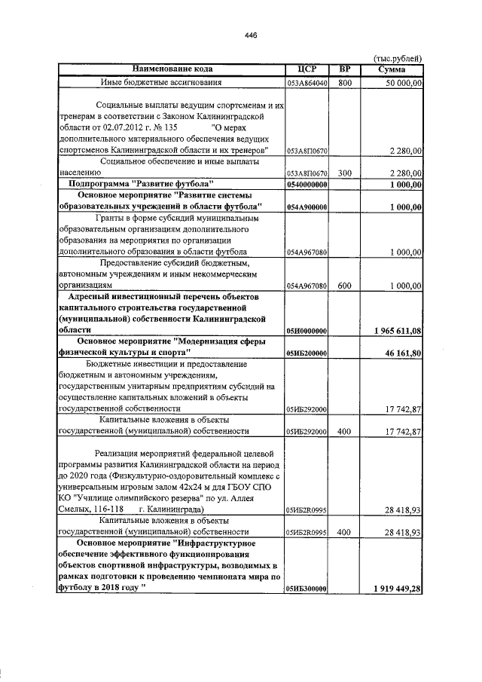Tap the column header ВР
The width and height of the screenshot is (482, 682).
pyautogui.click(x=345, y=69)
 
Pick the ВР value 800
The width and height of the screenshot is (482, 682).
pyautogui.click(x=345, y=82)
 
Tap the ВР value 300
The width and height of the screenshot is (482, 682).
pyautogui.click(x=345, y=173)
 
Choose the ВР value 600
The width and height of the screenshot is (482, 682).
pyautogui.click(x=345, y=286)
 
